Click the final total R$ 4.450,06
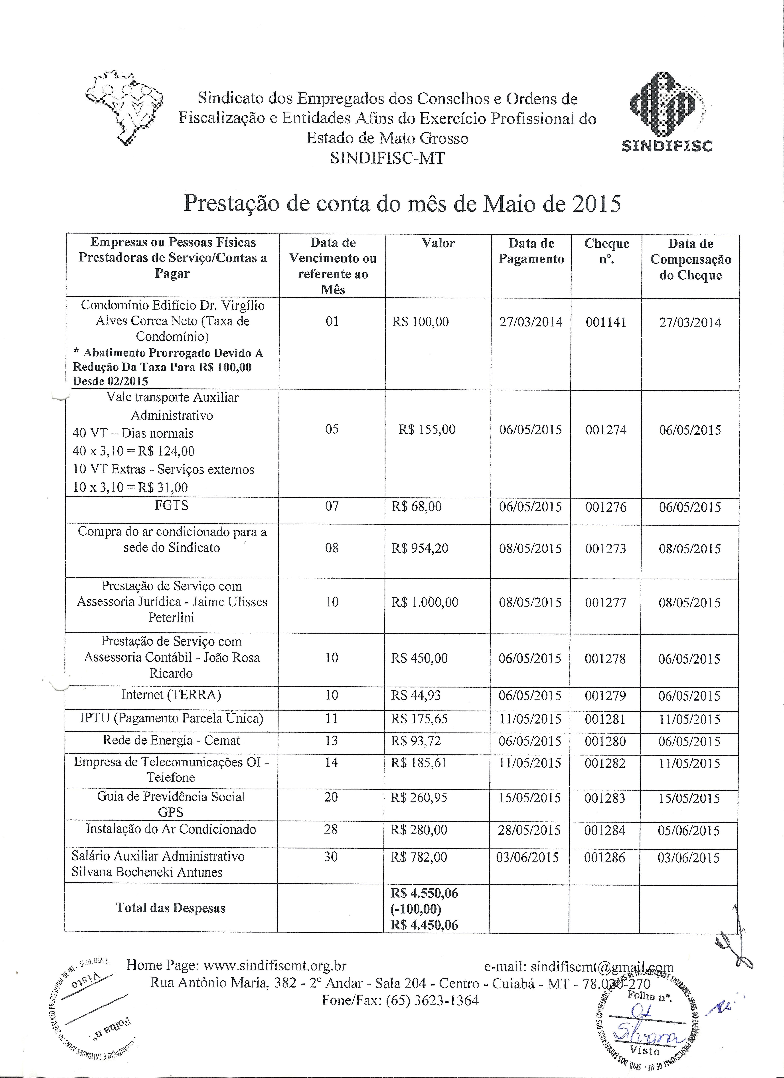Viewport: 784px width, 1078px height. [x=424, y=925]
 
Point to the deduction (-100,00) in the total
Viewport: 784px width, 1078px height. [x=416, y=909]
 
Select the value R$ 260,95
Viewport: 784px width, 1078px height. [x=419, y=797]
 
